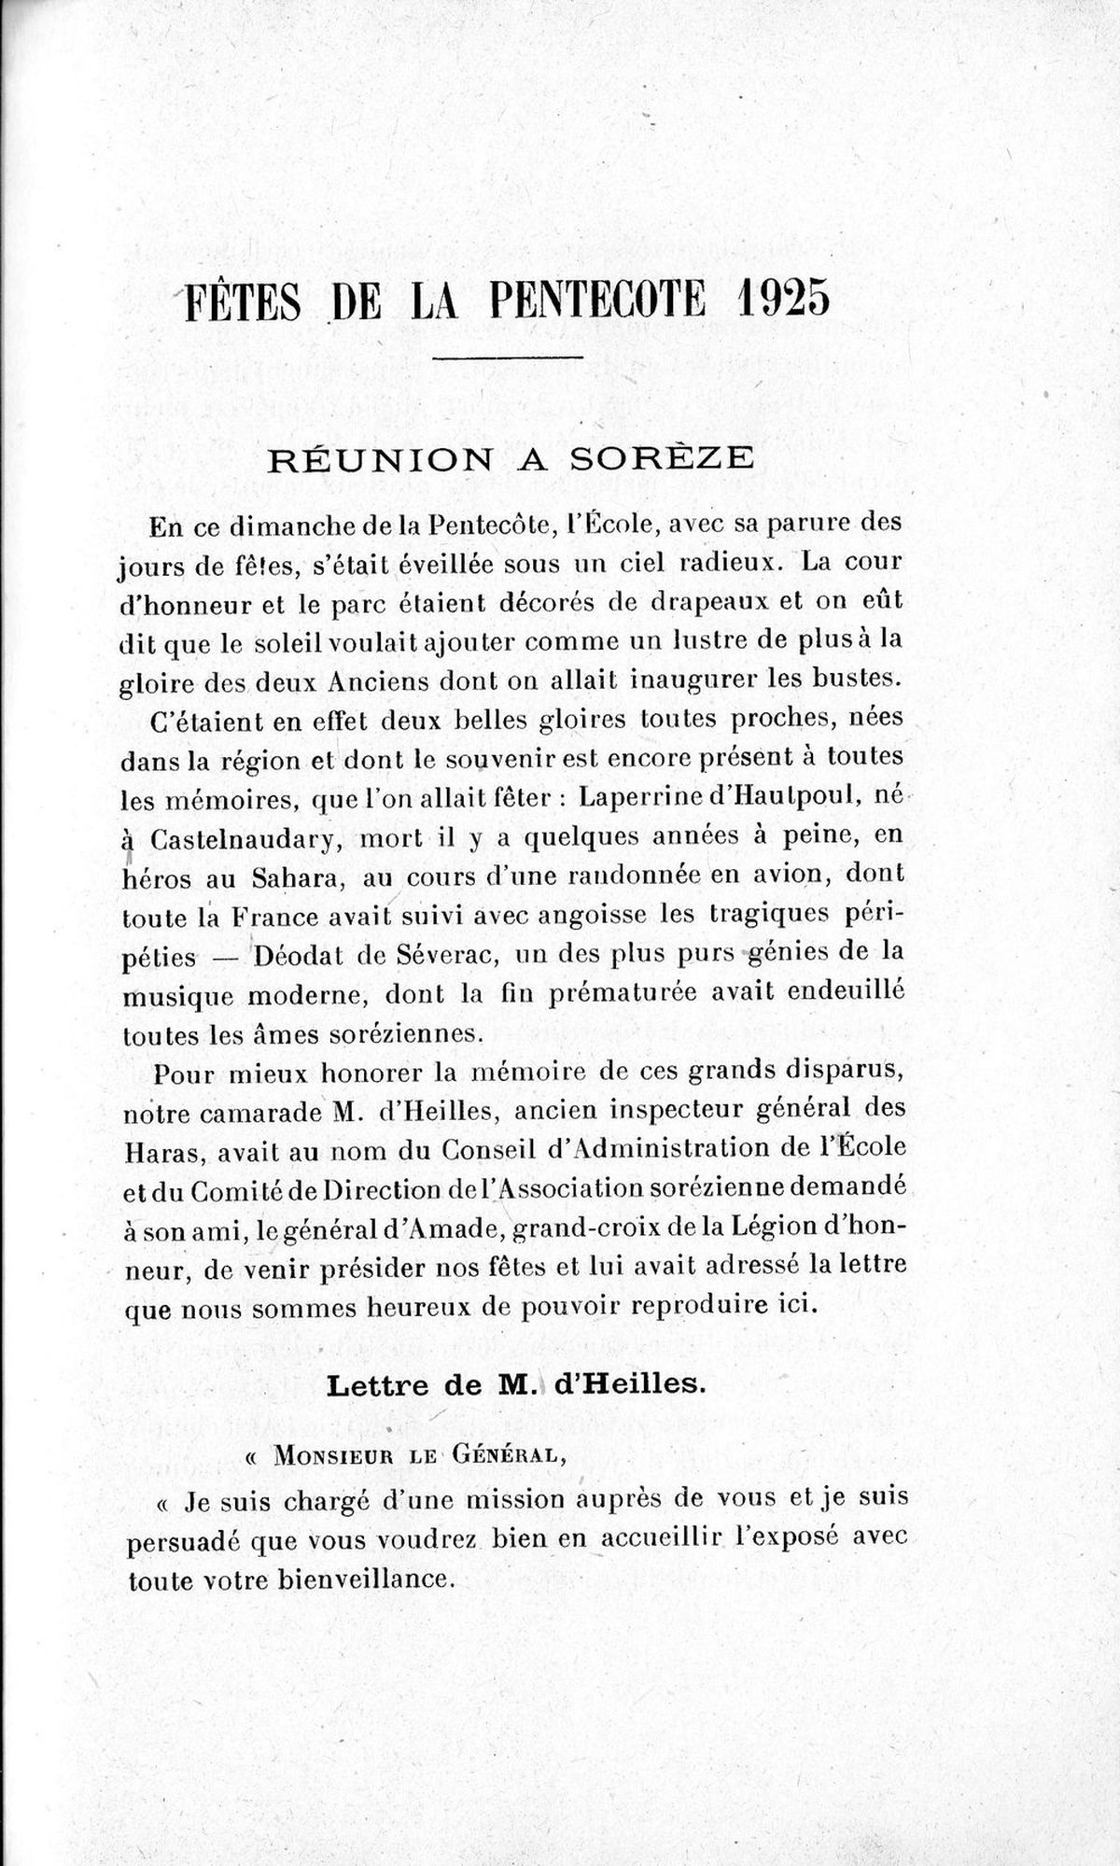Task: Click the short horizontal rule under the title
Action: pos(510,357)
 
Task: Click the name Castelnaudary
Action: pos(240,839)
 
